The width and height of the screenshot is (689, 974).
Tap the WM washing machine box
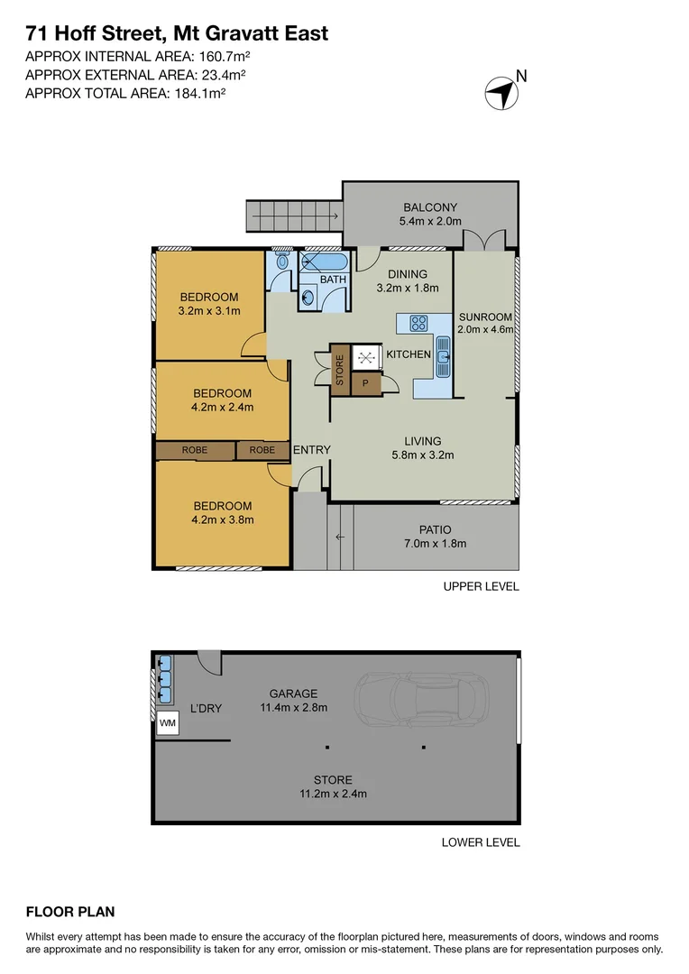(x=168, y=723)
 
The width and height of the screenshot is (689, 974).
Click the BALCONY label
(x=430, y=207)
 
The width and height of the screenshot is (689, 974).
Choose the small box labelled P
(x=365, y=383)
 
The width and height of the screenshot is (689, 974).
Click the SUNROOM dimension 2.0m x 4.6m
(x=485, y=329)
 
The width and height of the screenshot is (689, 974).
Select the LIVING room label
(x=422, y=441)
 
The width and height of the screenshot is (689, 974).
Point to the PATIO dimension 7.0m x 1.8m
(x=435, y=543)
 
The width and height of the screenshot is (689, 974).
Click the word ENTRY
(x=311, y=449)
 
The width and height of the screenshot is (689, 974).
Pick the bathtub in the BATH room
(x=323, y=262)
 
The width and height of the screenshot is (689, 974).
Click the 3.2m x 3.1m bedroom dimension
(x=209, y=311)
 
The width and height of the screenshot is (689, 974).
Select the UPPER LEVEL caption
(x=481, y=586)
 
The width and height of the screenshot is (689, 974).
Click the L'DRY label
(x=206, y=709)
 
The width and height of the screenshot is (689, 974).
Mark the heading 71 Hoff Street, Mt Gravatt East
(x=177, y=34)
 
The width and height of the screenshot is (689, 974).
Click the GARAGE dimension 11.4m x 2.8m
(x=291, y=707)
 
